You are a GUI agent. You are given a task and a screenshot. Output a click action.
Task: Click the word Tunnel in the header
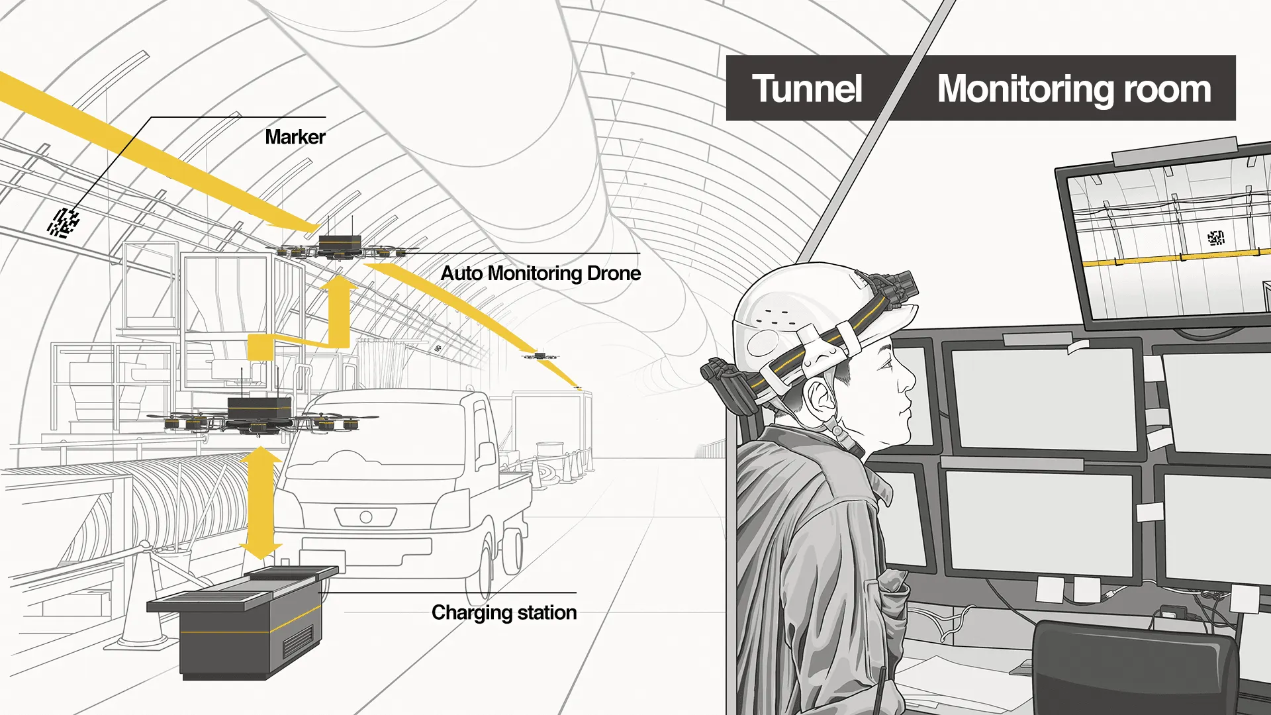click(807, 89)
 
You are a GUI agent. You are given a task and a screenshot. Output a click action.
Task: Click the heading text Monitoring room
click(1074, 89)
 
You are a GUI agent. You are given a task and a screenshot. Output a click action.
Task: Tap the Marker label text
click(295, 137)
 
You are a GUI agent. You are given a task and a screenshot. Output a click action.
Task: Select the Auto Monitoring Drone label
click(540, 273)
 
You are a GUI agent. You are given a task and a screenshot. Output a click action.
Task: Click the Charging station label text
click(504, 613)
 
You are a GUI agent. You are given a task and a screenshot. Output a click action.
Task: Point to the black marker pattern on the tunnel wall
click(64, 222)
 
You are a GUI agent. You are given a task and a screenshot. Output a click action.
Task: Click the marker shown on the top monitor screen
click(1215, 238)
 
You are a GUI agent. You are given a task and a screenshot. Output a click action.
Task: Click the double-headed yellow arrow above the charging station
click(261, 503)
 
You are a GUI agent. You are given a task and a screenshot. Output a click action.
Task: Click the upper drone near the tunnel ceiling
click(340, 246)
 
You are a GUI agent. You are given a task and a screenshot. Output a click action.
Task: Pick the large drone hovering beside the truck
click(259, 415)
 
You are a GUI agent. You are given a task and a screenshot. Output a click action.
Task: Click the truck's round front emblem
click(366, 516)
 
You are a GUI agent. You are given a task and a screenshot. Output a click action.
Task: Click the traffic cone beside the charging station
click(142, 602)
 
